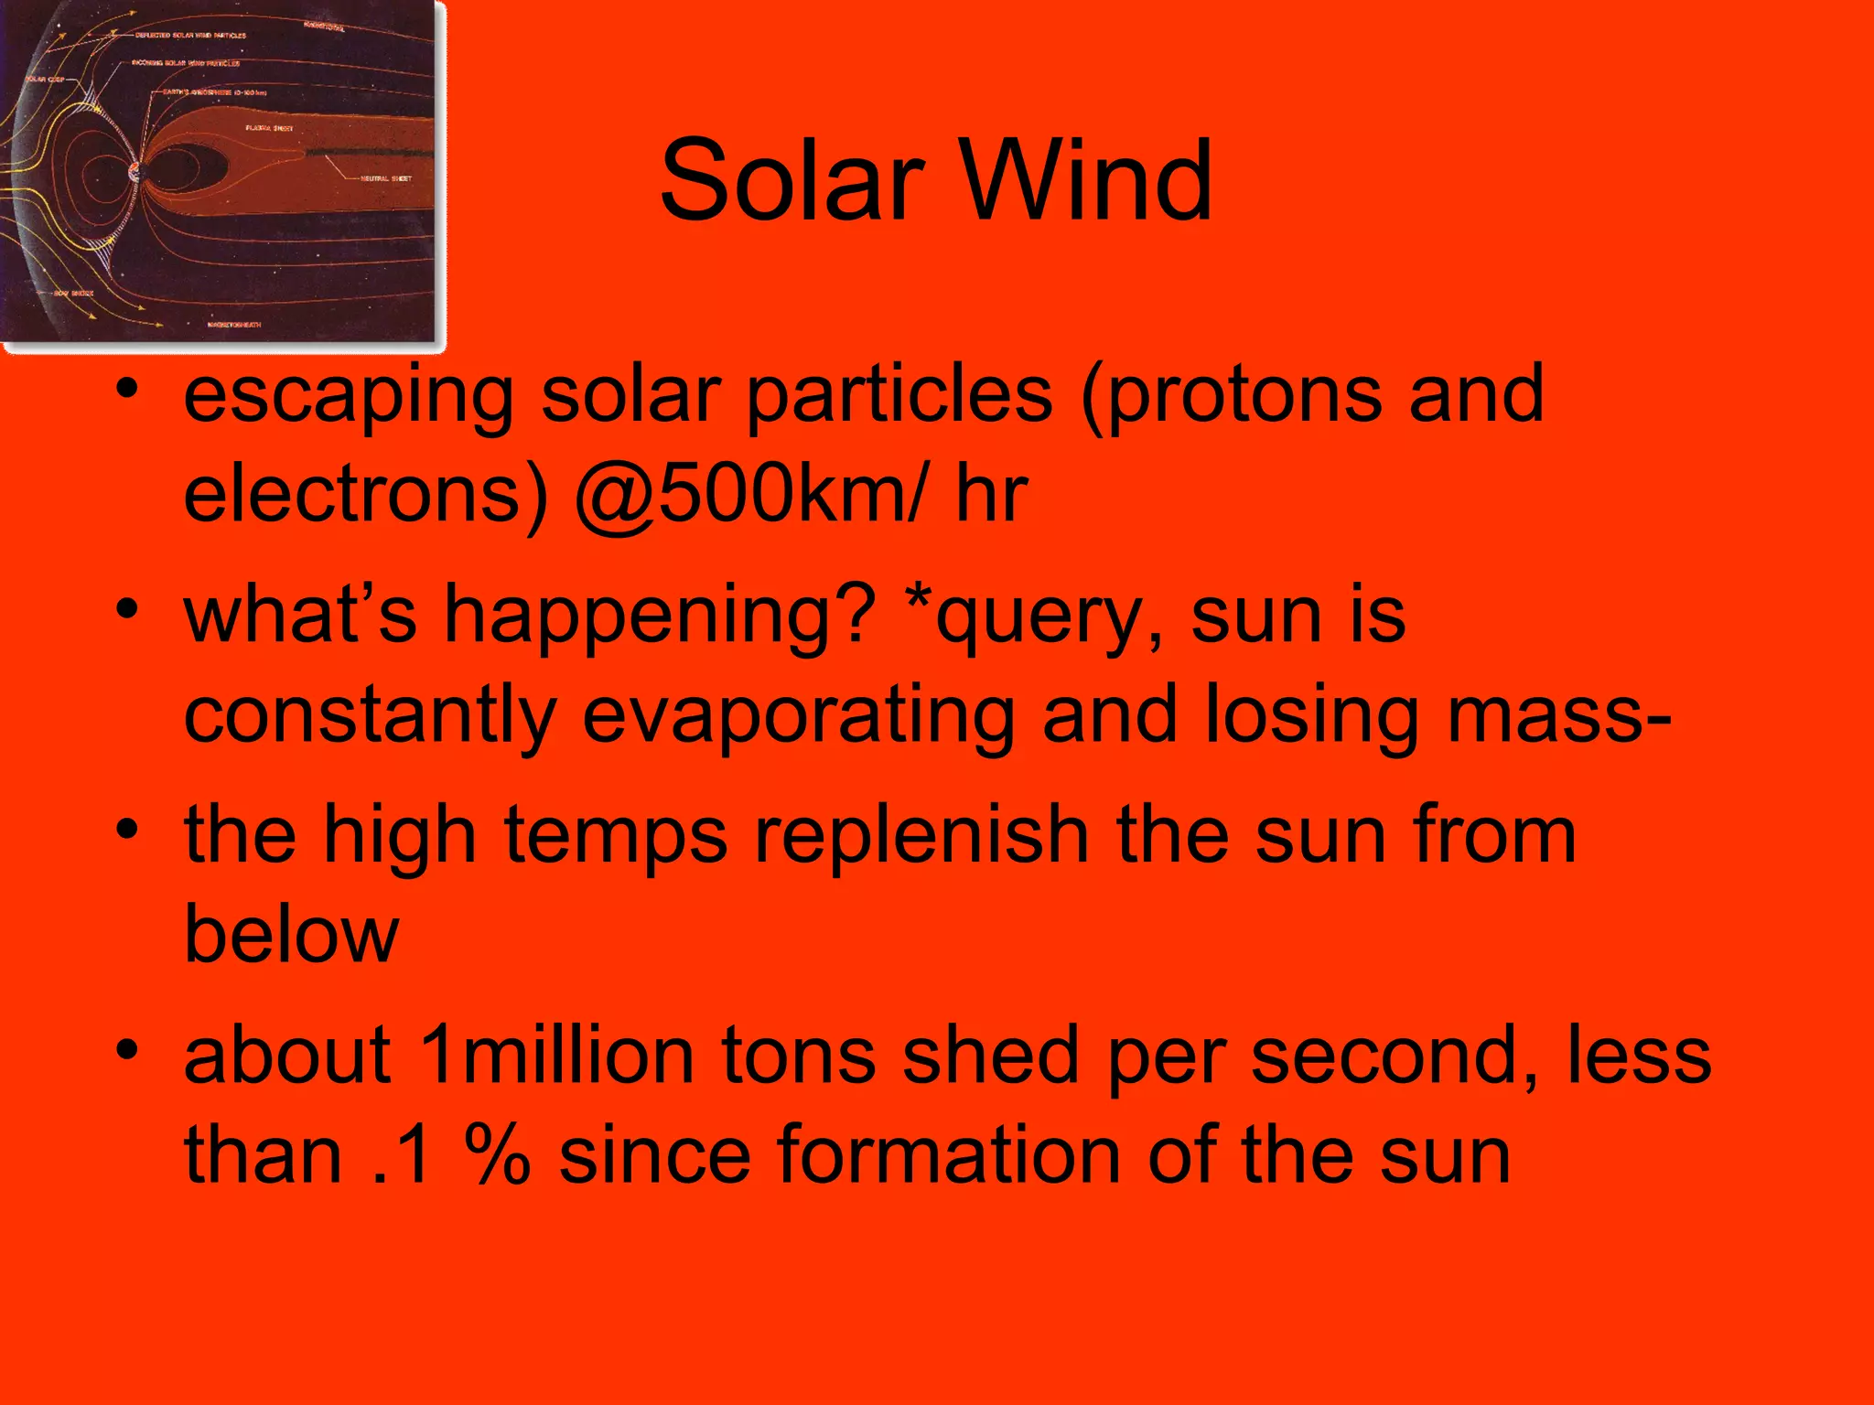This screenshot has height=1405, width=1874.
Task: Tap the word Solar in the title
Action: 792,180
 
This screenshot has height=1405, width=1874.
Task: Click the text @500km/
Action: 750,494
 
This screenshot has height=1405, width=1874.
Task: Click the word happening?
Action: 659,617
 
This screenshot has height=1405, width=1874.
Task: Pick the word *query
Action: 1039,617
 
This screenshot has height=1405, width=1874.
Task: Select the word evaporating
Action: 799,715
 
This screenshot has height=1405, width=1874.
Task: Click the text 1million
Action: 556,1056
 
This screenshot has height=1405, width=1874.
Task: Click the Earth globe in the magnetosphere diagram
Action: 137,172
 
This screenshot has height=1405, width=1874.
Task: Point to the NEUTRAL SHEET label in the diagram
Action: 386,178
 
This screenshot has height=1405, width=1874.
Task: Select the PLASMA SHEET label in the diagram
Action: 269,128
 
